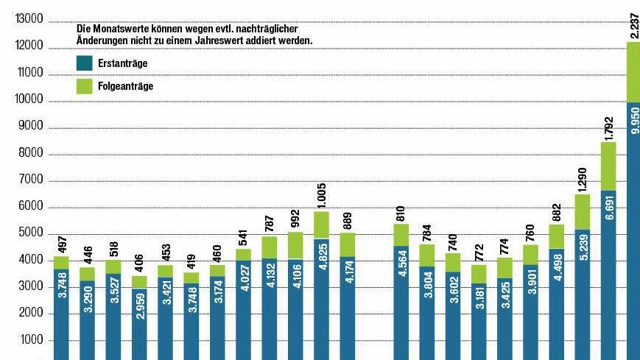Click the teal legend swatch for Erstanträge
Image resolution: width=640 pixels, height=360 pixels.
pyautogui.click(x=84, y=64)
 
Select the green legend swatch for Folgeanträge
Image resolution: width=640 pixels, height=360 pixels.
pyautogui.click(x=84, y=86)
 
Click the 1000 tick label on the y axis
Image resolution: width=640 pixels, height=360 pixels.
pyautogui.click(x=32, y=340)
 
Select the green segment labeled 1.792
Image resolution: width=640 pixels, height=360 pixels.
pyautogui.click(x=609, y=166)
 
